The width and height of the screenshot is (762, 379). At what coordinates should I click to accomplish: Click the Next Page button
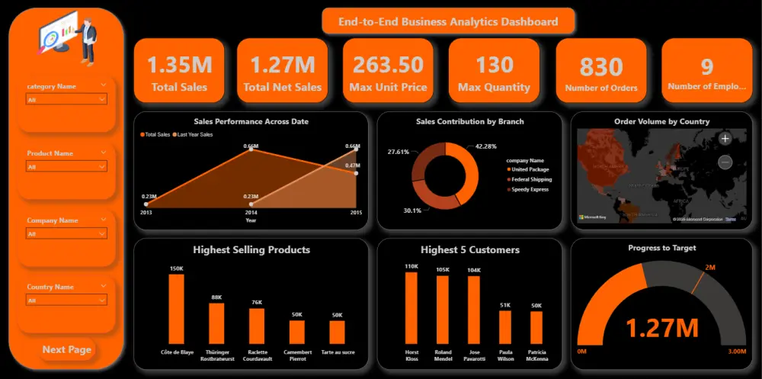[67, 349]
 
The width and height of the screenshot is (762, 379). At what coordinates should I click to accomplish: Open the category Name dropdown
[67, 99]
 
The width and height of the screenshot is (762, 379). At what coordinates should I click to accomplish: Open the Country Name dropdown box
[67, 300]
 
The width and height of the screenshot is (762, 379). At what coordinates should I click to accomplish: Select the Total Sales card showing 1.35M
[179, 70]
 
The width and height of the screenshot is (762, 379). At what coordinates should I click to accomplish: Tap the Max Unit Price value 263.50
[388, 64]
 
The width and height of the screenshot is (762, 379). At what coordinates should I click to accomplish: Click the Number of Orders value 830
[601, 67]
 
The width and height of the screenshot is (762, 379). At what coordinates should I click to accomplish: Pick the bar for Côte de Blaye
[176, 309]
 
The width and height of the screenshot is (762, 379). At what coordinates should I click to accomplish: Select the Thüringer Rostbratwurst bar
[216, 323]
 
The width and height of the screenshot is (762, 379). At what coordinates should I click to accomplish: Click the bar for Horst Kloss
[411, 307]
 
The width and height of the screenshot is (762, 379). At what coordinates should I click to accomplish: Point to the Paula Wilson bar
[505, 327]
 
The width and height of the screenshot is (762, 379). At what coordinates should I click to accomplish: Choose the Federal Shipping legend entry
[531, 179]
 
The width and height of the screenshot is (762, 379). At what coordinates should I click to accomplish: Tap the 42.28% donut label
[485, 146]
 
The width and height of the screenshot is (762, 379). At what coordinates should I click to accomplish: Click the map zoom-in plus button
[725, 139]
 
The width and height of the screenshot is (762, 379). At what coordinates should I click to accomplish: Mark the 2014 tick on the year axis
[251, 213]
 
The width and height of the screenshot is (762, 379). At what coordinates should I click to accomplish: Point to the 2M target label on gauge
[709, 267]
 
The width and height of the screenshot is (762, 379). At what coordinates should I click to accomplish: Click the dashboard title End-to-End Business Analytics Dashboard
[448, 22]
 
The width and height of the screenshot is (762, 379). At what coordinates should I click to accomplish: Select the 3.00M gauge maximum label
[736, 352]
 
